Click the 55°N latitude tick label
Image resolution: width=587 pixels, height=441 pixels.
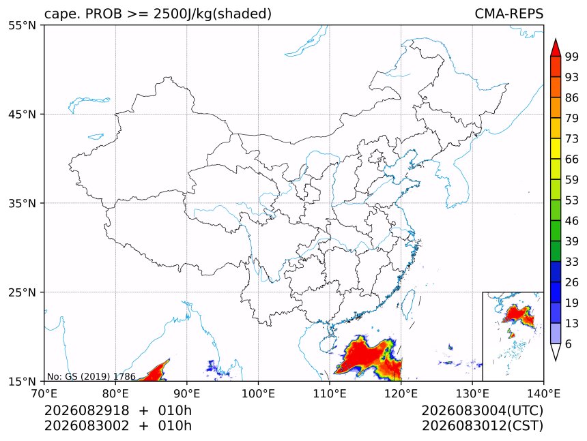(22, 25)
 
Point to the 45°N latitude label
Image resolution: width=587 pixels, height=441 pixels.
(22, 114)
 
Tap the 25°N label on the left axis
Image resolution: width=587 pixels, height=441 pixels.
(22, 292)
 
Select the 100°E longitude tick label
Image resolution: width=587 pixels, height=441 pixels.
(258, 393)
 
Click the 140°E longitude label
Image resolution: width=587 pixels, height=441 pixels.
(543, 393)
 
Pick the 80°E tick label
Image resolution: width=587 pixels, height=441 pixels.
(115, 393)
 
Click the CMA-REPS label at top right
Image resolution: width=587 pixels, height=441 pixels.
(509, 14)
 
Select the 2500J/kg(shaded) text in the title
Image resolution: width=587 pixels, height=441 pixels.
(212, 14)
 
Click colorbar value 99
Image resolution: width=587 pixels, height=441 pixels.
(572, 57)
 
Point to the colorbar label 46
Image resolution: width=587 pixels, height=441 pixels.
(572, 221)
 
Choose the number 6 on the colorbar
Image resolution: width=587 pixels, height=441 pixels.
(569, 344)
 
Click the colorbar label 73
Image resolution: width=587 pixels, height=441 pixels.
(572, 139)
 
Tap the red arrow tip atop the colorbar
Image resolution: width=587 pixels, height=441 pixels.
(556, 40)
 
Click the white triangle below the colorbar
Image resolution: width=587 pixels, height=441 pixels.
(556, 352)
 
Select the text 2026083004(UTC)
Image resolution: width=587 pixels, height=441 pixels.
(482, 411)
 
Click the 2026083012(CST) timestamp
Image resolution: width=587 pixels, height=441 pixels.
(482, 426)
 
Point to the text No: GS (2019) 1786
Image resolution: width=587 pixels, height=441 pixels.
(91, 376)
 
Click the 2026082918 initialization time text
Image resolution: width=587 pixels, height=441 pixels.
(87, 410)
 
